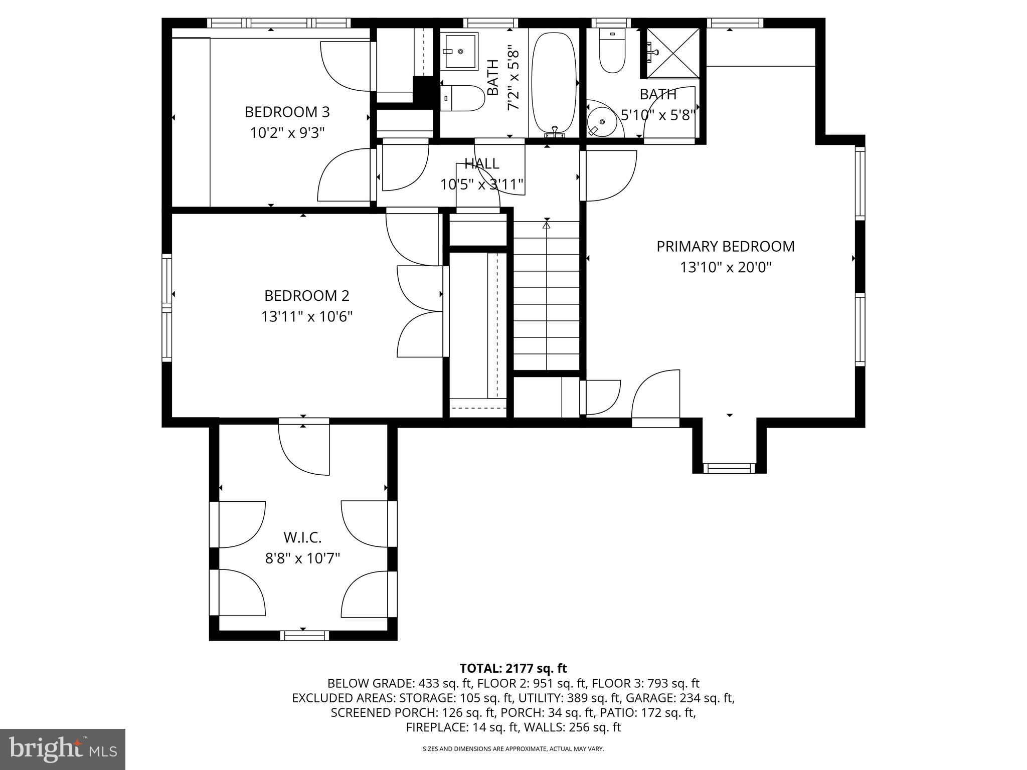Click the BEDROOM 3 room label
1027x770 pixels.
[287, 112]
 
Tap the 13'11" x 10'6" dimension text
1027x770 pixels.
[306, 317]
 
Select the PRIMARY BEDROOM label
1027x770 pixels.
[725, 247]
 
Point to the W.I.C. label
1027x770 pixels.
[302, 537]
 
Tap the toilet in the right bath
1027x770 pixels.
[612, 52]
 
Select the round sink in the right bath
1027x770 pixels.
[601, 122]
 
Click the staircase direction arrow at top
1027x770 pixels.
[547, 225]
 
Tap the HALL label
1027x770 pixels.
[481, 164]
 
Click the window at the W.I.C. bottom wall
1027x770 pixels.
[304, 635]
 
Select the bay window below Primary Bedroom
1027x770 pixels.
[729, 468]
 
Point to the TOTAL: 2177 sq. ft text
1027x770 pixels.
[513, 668]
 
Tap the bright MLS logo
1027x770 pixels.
[63, 749]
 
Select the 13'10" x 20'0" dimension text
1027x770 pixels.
[725, 268]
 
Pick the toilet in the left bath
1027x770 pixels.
[463, 98]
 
